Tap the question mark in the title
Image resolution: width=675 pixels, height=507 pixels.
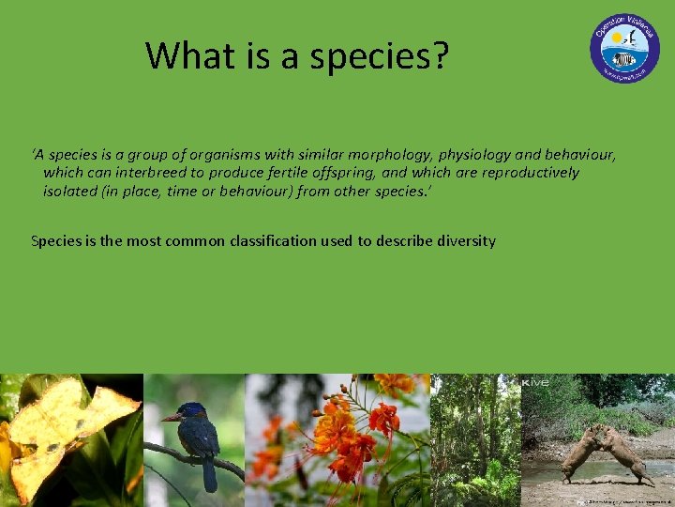click(x=441, y=57)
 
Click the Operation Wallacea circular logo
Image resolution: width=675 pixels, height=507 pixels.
click(x=624, y=48)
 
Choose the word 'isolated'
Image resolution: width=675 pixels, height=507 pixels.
click(x=69, y=191)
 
